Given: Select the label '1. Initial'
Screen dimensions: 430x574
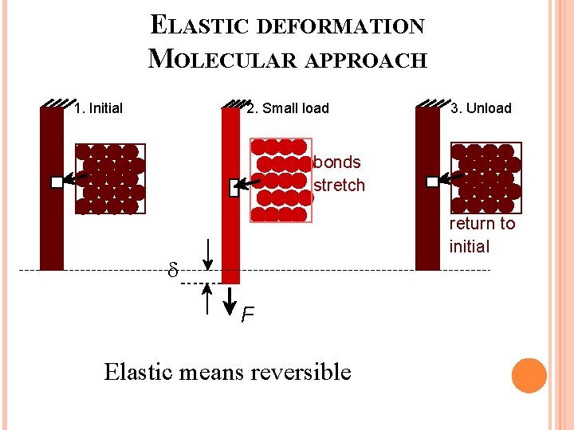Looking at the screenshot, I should (x=98, y=108).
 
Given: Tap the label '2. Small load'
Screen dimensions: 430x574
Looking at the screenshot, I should (x=288, y=108).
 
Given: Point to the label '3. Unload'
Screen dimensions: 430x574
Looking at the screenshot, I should (x=481, y=108).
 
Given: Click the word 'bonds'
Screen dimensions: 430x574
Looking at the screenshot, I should (x=337, y=162).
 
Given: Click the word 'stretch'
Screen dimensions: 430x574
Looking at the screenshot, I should (x=340, y=186).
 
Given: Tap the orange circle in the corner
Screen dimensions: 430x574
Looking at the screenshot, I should (x=529, y=376).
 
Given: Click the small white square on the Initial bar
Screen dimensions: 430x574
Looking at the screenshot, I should (x=57, y=182).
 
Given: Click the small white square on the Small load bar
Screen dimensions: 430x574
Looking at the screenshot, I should (x=234, y=188).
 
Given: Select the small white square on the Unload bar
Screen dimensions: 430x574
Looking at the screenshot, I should (x=432, y=182).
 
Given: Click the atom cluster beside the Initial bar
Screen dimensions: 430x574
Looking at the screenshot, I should (x=110, y=179).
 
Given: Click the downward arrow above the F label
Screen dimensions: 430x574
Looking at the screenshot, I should (x=230, y=298).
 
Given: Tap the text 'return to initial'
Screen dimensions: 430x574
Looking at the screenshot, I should (x=482, y=235).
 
